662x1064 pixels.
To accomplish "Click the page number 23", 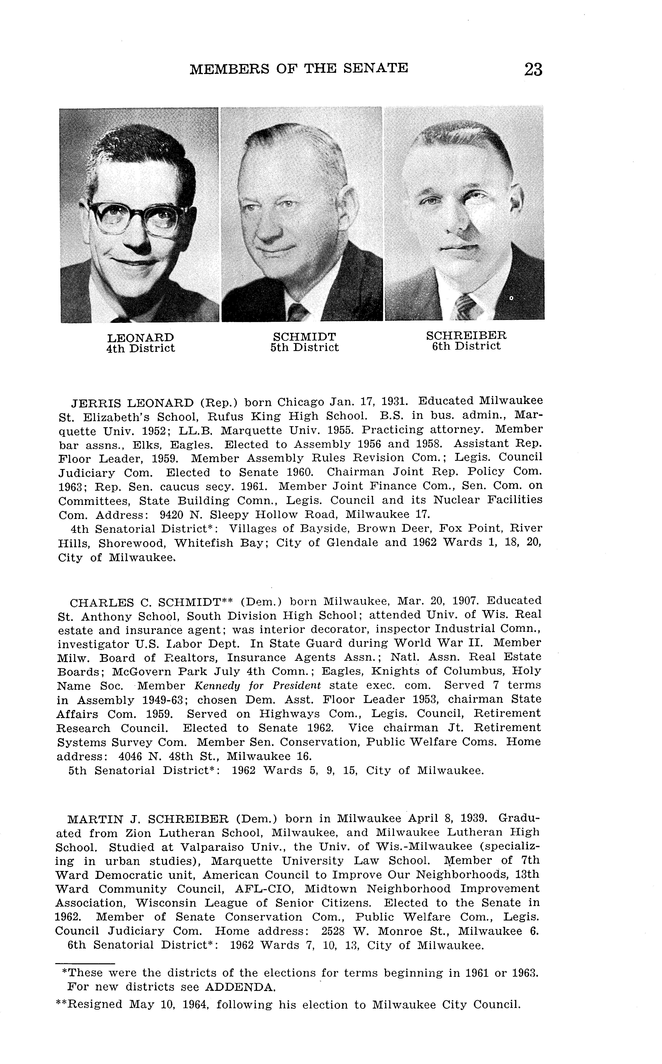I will pos(533,70).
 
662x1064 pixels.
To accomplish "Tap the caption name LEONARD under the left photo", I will pos(141,338).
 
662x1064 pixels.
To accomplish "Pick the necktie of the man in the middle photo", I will pos(298,312).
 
